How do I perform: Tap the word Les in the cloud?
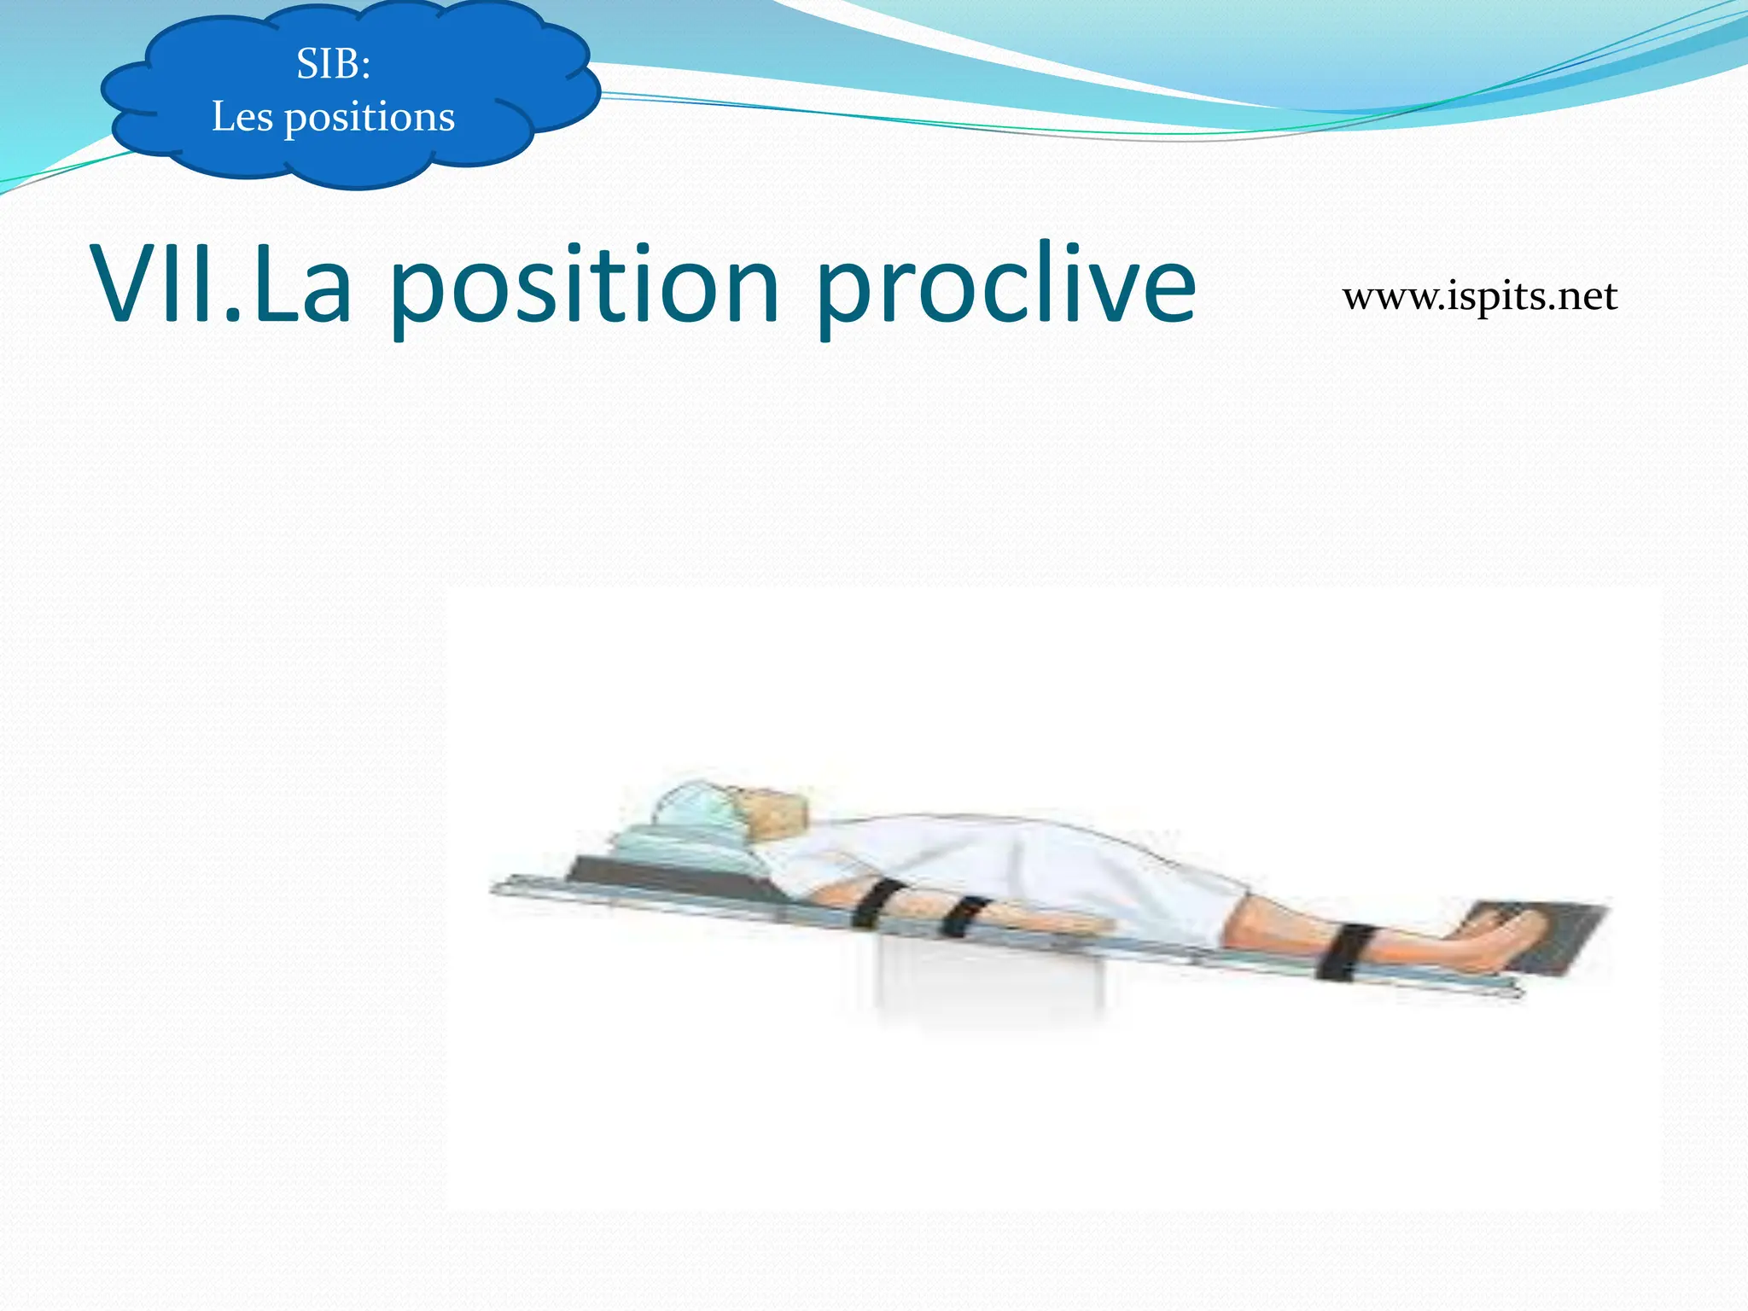(242, 117)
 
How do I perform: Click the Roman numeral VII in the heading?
(162, 284)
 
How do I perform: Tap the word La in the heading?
(303, 284)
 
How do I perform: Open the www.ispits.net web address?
(1479, 296)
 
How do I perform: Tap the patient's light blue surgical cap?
(696, 807)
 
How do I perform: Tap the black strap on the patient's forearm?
(964, 917)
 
